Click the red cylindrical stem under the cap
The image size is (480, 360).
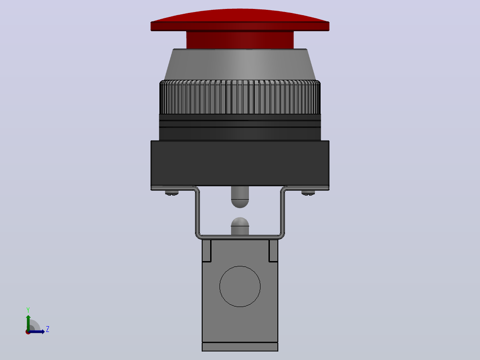click(x=240, y=40)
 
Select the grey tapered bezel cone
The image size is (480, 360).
click(x=240, y=64)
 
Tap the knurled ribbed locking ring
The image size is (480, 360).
click(x=240, y=97)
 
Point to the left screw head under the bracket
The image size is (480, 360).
click(x=172, y=193)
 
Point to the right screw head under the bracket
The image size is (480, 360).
click(x=308, y=193)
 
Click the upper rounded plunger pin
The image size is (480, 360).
click(x=240, y=197)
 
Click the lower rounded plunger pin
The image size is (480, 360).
click(x=240, y=226)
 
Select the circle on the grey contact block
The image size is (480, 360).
click(x=240, y=286)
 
